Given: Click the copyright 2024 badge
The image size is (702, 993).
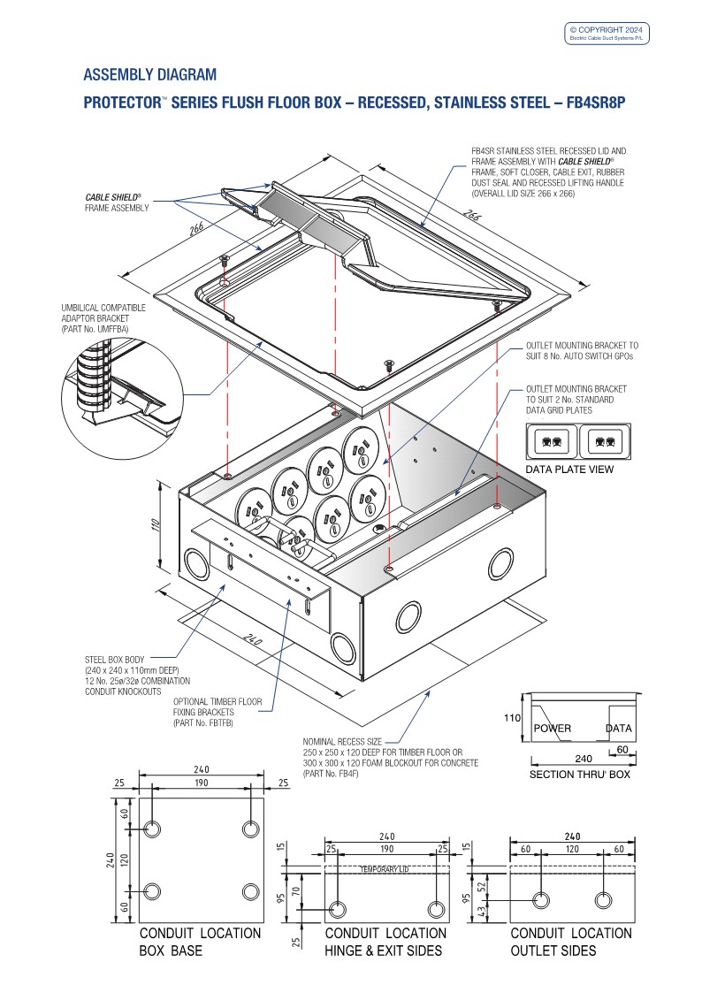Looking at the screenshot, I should pyautogui.click(x=608, y=33).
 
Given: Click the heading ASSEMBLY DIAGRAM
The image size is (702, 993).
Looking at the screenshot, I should pyautogui.click(x=149, y=74).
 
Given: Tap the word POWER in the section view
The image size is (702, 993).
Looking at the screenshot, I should pyautogui.click(x=553, y=729).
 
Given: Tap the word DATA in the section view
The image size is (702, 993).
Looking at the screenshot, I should pyautogui.click(x=620, y=729).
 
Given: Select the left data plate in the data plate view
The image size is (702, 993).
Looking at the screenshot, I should pyautogui.click(x=552, y=439).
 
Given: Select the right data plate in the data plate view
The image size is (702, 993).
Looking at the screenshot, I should pyautogui.click(x=605, y=439).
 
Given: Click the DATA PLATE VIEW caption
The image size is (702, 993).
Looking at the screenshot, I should pyautogui.click(x=569, y=470).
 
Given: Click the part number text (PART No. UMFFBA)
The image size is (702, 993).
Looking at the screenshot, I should pyautogui.click(x=95, y=328).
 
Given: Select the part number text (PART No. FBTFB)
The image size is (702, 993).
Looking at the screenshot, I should pyautogui.click(x=202, y=723).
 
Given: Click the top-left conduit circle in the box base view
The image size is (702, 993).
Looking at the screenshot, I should pyautogui.click(x=153, y=830).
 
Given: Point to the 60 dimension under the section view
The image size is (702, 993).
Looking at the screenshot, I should pyautogui.click(x=624, y=750).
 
